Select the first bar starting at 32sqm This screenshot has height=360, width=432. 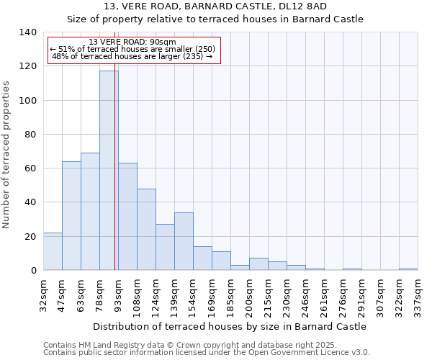coord(53,251)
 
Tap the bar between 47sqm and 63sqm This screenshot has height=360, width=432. coord(71,216)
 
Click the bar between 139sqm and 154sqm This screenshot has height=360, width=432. coord(184,241)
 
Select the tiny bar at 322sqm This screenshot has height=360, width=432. coord(408,269)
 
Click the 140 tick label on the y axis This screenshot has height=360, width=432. coord(27,32)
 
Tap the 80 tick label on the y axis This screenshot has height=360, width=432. coord(30,135)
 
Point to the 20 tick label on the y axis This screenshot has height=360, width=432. coord(30,237)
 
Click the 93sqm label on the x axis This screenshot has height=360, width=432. coord(118,294)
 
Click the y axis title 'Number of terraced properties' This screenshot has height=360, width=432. coord(6,154)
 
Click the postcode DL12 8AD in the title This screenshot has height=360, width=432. coord(306,6)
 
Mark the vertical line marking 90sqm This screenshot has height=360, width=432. coord(114,180)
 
